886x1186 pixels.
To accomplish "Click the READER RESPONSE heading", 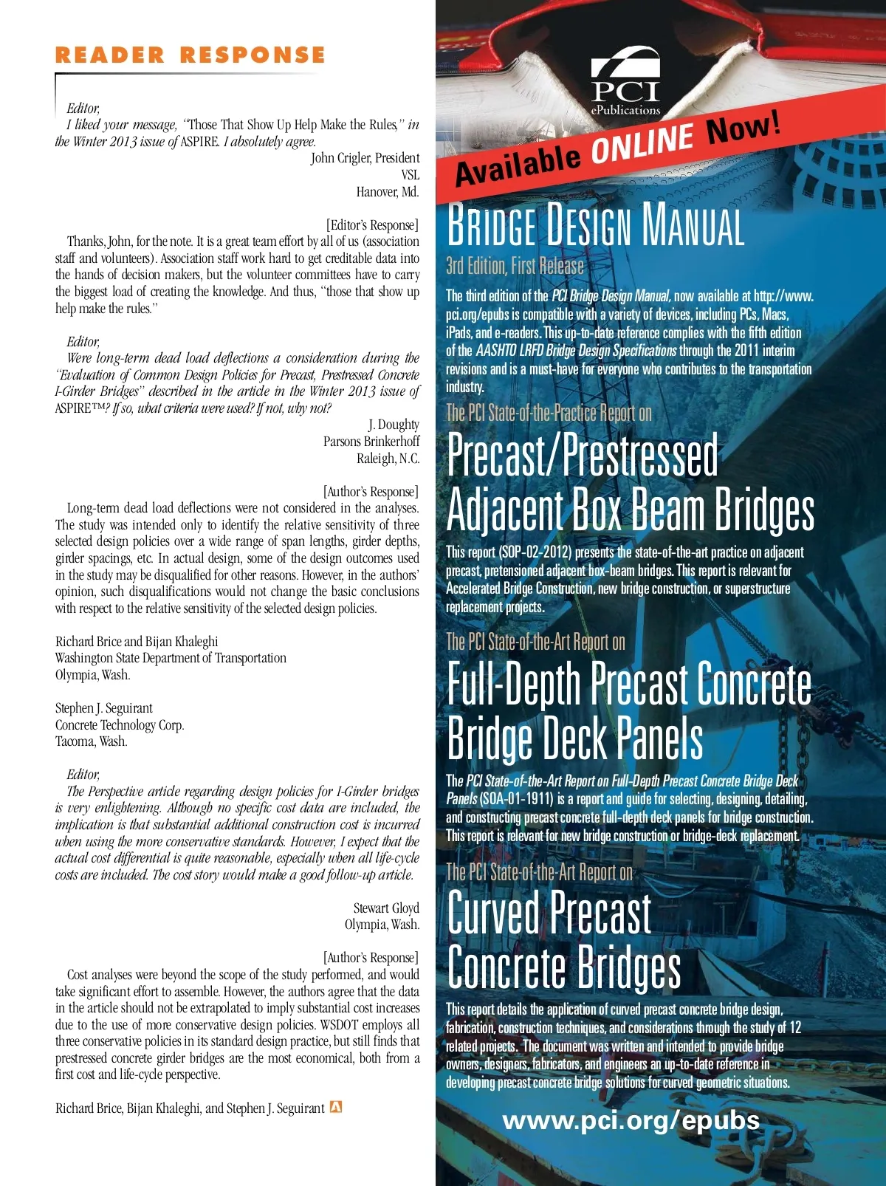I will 190,55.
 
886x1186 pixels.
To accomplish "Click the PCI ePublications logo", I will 625,81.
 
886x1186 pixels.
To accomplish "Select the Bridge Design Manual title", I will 595,225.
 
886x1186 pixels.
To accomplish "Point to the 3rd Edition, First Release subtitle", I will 515,266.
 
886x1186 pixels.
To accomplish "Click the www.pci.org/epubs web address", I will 631,1120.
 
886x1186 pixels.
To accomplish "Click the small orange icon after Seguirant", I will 336,1107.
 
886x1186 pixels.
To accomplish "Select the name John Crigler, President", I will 365,158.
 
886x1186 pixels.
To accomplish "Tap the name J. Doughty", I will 394,425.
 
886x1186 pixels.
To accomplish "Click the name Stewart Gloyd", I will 385,908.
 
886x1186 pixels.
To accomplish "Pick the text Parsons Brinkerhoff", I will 371,442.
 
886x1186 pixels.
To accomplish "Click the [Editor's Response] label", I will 372,225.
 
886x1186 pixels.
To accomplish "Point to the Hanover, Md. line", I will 387,192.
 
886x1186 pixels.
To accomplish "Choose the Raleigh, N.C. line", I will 388,459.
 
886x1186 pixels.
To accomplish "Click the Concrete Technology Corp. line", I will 120,725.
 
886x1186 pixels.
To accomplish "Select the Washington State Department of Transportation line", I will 171,658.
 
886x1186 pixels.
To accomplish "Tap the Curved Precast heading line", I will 549,914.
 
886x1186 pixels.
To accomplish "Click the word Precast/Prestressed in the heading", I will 583,456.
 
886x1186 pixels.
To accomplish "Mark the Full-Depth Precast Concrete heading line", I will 629,685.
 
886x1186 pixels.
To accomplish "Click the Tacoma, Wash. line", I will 92,741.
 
